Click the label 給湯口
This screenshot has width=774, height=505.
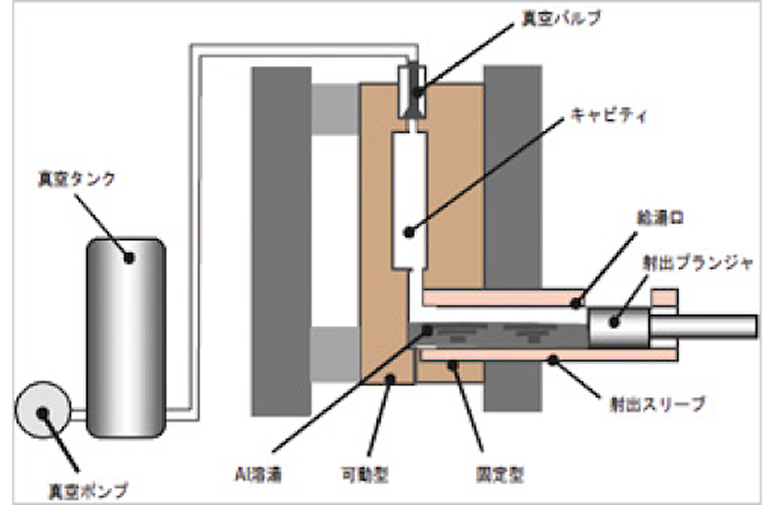click(654, 218)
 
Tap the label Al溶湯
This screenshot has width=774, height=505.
click(257, 474)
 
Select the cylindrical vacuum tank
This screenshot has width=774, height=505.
click(125, 336)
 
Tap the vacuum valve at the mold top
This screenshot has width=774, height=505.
click(412, 91)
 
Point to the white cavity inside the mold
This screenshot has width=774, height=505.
click(409, 197)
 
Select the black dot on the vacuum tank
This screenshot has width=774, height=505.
click(129, 258)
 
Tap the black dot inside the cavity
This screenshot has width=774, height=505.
click(408, 231)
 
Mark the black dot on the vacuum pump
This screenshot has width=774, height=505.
click(44, 413)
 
